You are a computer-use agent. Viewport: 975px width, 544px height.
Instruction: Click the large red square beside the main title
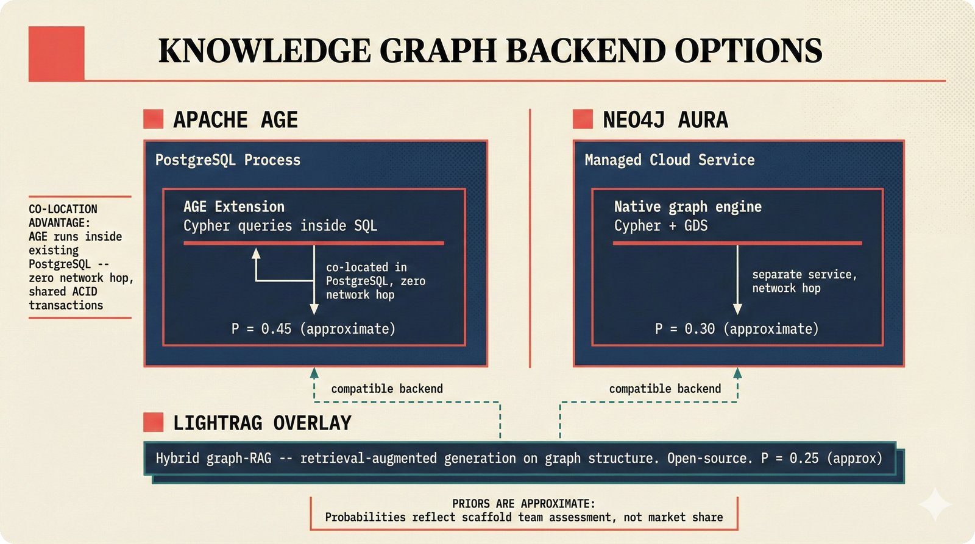click(56, 53)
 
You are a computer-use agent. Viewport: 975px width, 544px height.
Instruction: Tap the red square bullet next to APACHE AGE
click(153, 119)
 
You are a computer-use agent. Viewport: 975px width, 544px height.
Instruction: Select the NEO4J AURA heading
click(665, 120)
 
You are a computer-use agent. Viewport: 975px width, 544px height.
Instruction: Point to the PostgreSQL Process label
click(227, 160)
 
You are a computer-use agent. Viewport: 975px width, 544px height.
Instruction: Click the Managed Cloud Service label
click(669, 160)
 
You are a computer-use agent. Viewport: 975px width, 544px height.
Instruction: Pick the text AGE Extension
click(234, 207)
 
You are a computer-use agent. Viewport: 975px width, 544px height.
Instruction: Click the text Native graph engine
click(687, 207)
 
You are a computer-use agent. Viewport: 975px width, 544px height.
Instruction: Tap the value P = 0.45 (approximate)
click(313, 329)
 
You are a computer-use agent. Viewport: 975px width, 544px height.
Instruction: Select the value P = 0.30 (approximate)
click(736, 329)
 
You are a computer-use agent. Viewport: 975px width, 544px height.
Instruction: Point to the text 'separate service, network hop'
click(804, 281)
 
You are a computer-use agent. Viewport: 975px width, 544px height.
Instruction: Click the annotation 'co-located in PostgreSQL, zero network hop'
click(375, 281)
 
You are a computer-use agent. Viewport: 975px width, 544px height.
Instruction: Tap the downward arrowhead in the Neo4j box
click(737, 309)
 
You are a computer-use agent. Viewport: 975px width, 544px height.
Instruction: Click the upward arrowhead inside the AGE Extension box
click(256, 253)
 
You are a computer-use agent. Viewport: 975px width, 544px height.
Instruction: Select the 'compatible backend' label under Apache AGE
click(386, 389)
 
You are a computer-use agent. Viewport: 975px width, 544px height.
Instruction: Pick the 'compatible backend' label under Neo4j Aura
click(664, 389)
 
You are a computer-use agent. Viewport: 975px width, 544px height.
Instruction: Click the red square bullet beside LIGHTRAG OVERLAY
click(153, 422)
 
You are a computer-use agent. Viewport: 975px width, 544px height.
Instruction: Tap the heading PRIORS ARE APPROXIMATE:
click(523, 504)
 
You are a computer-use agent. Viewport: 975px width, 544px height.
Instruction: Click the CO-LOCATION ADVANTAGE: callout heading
click(63, 216)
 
